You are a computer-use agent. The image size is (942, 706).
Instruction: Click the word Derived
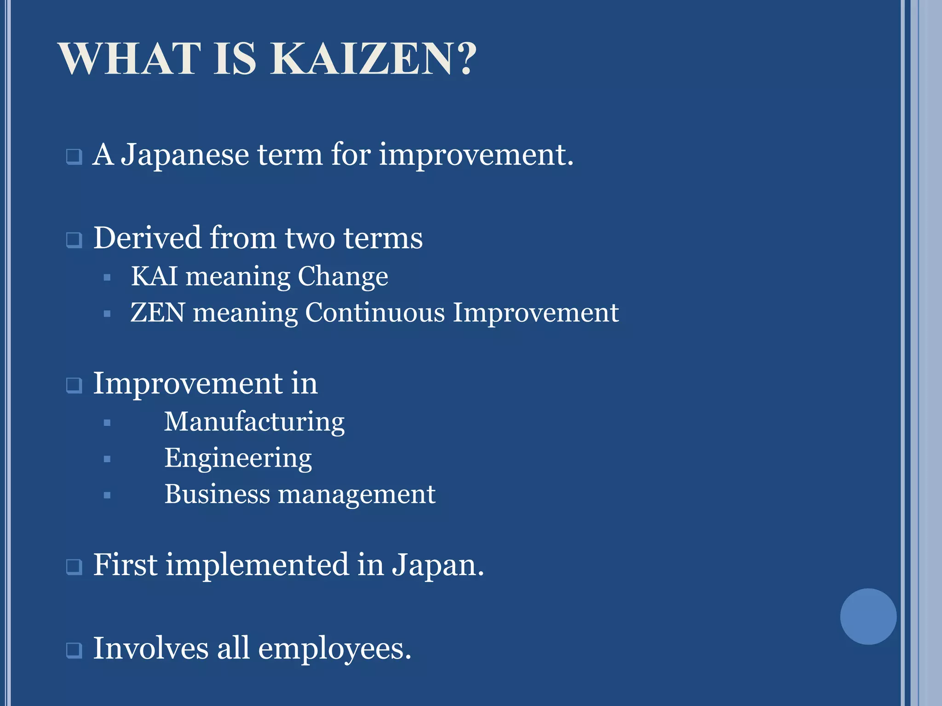click(148, 238)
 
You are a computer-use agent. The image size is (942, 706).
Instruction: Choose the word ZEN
click(158, 313)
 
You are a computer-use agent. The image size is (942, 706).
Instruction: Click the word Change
click(343, 277)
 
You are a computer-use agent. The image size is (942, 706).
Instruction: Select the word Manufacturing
click(254, 422)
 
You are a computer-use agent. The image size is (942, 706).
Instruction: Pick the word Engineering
click(238, 458)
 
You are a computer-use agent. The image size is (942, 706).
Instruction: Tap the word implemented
click(258, 565)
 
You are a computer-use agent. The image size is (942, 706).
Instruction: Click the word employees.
click(334, 649)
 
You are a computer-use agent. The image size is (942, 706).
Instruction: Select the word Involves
click(151, 648)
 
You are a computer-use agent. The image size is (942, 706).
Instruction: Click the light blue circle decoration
click(868, 616)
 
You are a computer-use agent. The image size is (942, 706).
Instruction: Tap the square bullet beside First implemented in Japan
click(74, 567)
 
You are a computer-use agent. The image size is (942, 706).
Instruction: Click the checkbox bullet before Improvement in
click(74, 385)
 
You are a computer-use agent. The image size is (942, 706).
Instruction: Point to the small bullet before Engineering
click(107, 459)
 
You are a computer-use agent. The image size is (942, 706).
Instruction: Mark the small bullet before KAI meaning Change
click(107, 278)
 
